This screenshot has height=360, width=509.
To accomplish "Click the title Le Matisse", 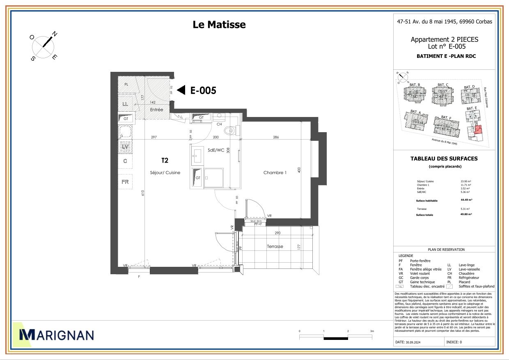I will (219, 25).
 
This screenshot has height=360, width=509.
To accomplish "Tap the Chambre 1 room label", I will (275, 173).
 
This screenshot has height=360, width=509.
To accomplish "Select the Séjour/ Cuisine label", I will (165, 173).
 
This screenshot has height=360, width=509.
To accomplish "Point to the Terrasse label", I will (275, 246).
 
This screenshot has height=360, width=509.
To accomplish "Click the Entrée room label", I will (156, 110).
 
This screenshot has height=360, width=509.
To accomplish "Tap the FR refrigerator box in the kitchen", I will (125, 181).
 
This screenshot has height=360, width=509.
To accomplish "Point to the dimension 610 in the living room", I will (143, 193).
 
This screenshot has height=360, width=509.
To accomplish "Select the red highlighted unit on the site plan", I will (477, 131).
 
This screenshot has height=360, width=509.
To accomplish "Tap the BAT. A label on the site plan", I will (415, 112).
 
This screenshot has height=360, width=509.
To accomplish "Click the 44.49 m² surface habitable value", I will (466, 200).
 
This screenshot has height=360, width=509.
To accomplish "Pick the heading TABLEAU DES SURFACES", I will (444, 158).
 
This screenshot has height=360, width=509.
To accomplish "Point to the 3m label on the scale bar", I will (372, 331).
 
